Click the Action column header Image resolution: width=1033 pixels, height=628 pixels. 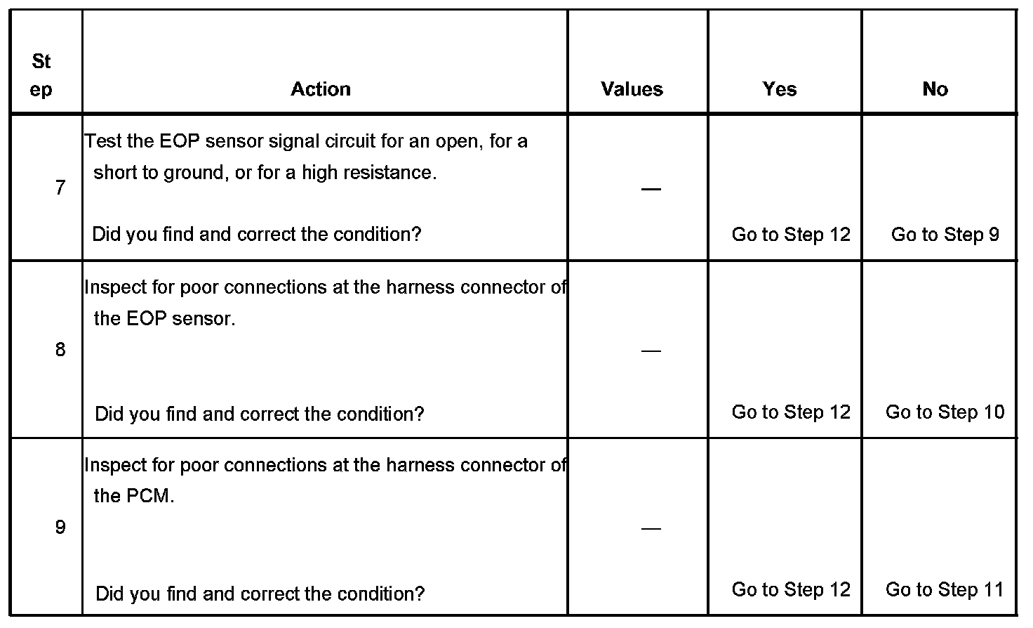click(321, 89)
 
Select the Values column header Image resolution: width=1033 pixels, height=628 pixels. click(632, 89)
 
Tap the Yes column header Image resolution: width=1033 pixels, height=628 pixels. click(780, 89)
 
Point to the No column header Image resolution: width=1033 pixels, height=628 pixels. click(935, 89)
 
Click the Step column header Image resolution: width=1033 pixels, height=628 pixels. click(41, 76)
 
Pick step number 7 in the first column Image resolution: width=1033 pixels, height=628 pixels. click(60, 188)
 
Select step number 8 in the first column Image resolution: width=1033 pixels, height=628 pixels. click(60, 349)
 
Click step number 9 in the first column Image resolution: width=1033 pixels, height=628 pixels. click(60, 527)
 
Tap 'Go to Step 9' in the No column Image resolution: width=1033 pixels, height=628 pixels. click(945, 235)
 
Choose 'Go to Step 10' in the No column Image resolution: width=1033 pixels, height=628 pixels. click(945, 412)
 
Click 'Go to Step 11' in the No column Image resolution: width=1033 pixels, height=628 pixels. click(945, 589)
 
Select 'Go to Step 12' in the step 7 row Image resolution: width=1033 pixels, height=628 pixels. click(791, 235)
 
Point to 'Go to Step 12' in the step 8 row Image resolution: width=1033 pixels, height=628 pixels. click(791, 412)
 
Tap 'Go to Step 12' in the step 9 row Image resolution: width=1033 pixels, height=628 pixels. click(791, 589)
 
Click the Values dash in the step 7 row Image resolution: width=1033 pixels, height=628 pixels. click(651, 189)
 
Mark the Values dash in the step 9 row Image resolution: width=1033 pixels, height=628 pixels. click(651, 528)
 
